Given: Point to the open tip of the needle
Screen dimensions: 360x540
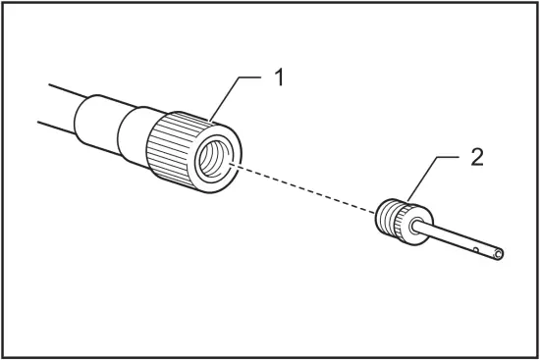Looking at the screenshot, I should [x=500, y=256].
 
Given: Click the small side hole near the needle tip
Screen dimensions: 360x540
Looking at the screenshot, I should [x=475, y=251].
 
